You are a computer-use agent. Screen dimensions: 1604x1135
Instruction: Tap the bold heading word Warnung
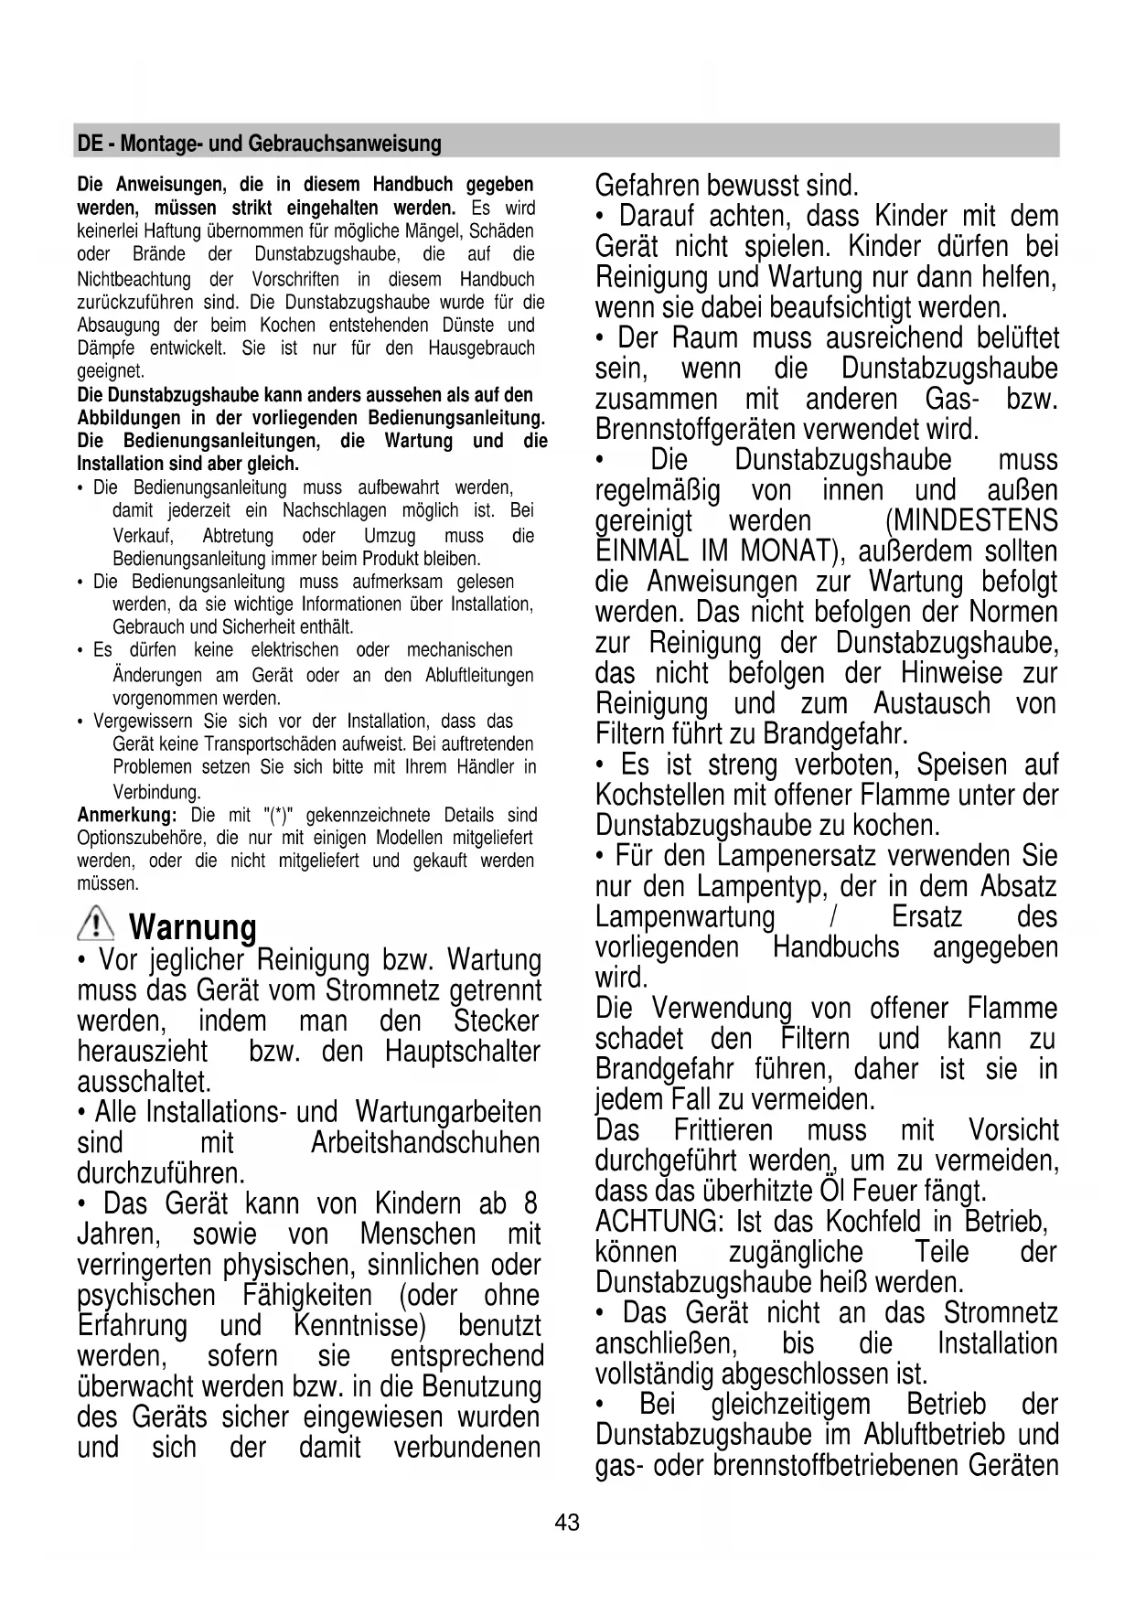click(x=193, y=927)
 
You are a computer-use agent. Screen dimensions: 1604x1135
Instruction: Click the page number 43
click(x=567, y=1523)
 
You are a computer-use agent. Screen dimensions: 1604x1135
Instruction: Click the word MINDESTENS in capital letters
click(x=971, y=521)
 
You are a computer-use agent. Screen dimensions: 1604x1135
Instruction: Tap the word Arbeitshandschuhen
click(x=425, y=1143)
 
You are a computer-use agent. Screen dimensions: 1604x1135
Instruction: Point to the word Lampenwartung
click(x=684, y=917)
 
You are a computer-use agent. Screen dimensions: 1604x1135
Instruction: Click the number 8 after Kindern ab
click(x=530, y=1203)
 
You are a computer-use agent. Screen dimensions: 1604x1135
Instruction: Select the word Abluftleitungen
click(x=479, y=676)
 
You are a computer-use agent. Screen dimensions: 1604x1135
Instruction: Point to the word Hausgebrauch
click(x=481, y=348)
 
